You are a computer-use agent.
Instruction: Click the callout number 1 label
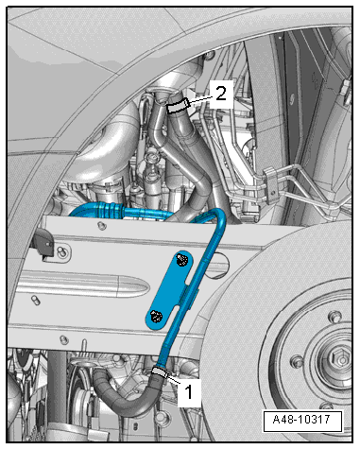click(x=189, y=392)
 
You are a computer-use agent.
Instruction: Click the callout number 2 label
click(x=221, y=94)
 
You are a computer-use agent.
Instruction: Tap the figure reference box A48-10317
click(x=302, y=421)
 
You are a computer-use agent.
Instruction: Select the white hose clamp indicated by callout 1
click(x=160, y=372)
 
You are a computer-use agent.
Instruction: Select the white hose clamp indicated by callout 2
click(x=178, y=105)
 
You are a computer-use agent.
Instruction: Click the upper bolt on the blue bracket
click(x=181, y=260)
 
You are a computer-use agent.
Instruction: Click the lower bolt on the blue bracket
click(x=156, y=317)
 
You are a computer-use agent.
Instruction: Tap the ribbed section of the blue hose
click(x=108, y=209)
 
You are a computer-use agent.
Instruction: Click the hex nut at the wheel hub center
click(x=339, y=358)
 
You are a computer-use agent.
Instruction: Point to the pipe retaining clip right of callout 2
click(x=271, y=185)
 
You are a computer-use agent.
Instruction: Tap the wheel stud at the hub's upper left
click(x=334, y=316)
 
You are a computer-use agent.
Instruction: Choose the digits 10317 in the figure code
click(x=314, y=421)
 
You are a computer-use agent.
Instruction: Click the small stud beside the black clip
click(x=61, y=251)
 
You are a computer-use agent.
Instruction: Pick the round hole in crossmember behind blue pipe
click(x=219, y=265)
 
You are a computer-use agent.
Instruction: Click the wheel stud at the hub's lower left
click(x=297, y=362)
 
